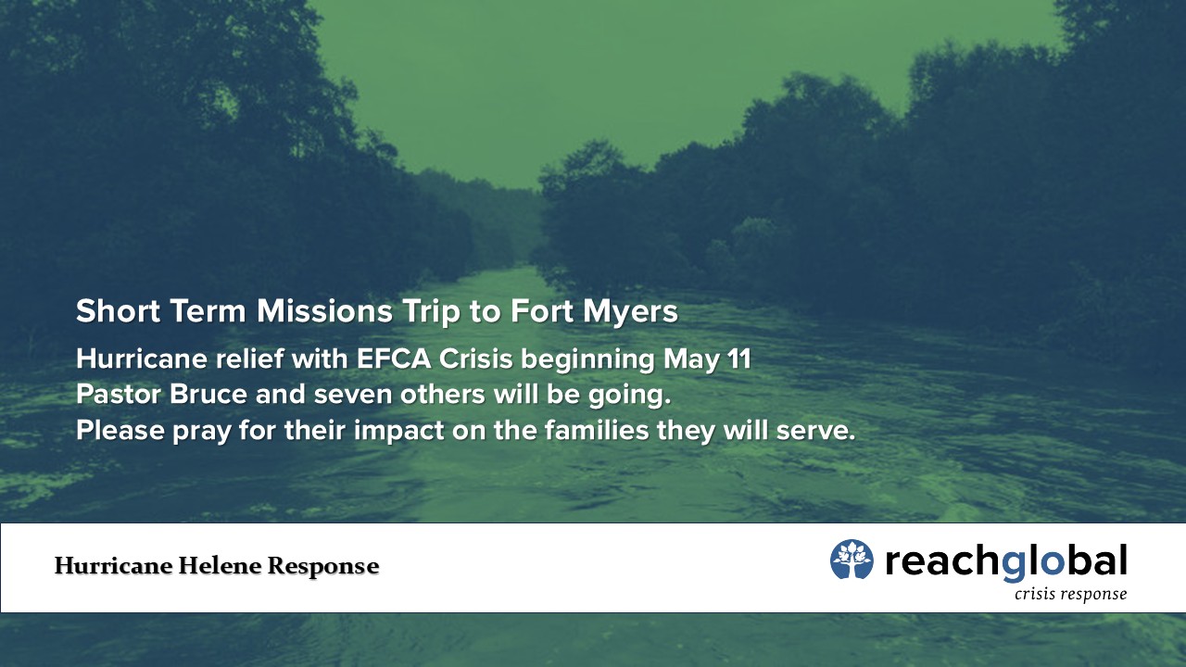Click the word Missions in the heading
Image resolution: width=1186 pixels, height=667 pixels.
324,310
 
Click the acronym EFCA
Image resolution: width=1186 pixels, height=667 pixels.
394,359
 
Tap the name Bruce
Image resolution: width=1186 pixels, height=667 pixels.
208,395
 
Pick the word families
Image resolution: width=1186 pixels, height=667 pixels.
597,430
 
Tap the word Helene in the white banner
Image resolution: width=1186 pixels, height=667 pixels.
220,566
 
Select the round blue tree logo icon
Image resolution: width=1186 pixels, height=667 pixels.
852,559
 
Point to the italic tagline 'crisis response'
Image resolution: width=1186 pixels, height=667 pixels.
1070,595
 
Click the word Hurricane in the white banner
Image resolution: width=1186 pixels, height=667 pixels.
113,566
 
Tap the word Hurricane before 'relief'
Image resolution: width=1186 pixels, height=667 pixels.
142,359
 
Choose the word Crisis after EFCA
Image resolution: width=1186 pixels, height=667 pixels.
476,359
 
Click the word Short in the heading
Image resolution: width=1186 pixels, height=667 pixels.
118,310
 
